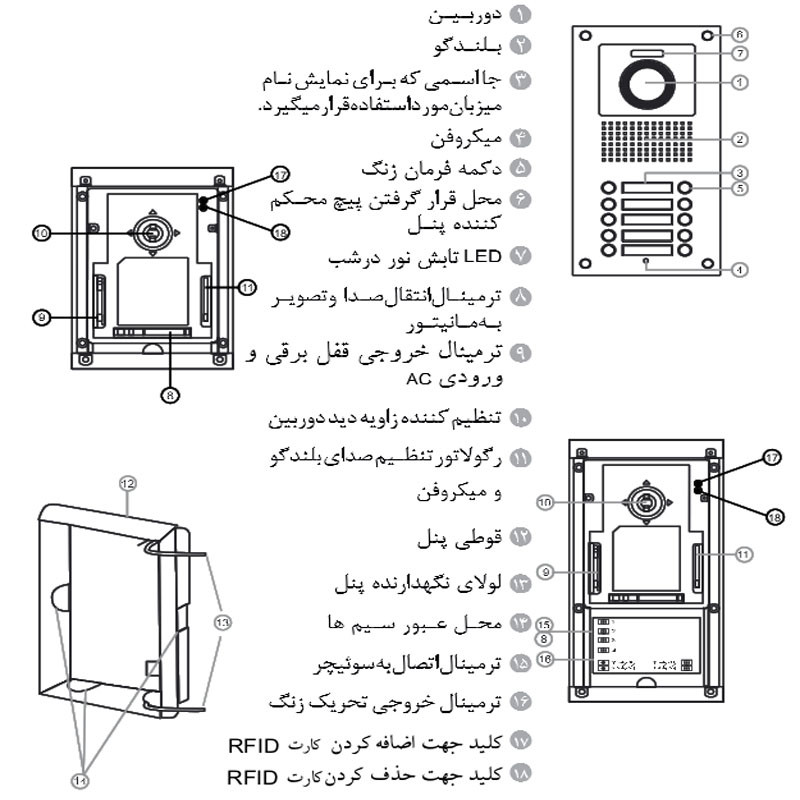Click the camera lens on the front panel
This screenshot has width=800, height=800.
pyautogui.click(x=647, y=84)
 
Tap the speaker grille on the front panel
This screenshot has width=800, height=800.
pyautogui.click(x=647, y=141)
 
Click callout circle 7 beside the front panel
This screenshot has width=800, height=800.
pyautogui.click(x=740, y=53)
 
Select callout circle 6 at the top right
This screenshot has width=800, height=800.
pyautogui.click(x=739, y=35)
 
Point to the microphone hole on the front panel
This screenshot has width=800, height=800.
pyautogui.click(x=646, y=261)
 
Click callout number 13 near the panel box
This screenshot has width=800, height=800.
pyautogui.click(x=222, y=622)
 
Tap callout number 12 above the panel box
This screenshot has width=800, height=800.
pyautogui.click(x=128, y=483)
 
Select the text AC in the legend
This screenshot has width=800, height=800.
pyautogui.click(x=419, y=379)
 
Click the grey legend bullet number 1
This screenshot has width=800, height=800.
pyautogui.click(x=521, y=14)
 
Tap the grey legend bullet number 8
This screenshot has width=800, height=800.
pyautogui.click(x=521, y=297)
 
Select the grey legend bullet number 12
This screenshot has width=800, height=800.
pyautogui.click(x=521, y=537)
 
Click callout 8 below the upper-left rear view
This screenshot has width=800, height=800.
pyautogui.click(x=170, y=394)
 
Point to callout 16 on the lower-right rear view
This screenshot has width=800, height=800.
pyautogui.click(x=545, y=659)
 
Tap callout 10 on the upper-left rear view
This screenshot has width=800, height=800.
pyautogui.click(x=41, y=234)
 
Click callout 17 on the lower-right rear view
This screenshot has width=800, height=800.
pyautogui.click(x=771, y=457)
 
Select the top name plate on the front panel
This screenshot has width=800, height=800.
pyautogui.click(x=646, y=188)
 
